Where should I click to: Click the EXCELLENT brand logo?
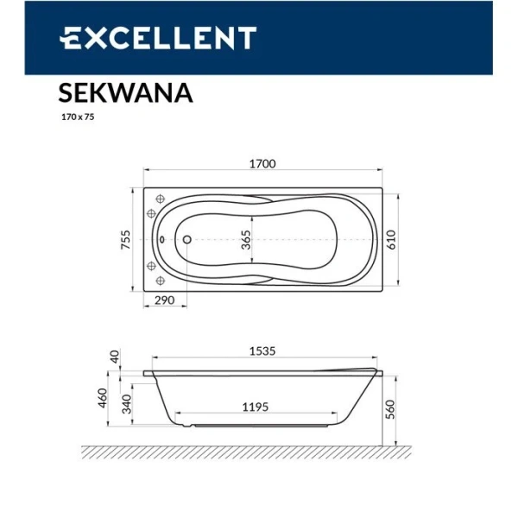pos(157,38)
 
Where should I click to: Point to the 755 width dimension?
pos(125,237)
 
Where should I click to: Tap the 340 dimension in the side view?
pos(127,402)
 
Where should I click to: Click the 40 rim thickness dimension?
pos(116,356)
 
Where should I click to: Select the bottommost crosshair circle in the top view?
pos(160,280)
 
